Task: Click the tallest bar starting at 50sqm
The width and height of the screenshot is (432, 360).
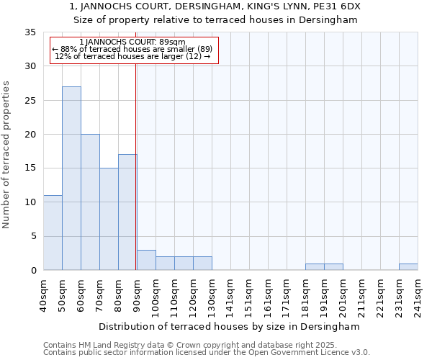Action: [71, 178]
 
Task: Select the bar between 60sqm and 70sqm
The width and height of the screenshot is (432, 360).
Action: [90, 202]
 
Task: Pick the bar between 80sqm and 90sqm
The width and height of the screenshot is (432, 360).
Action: [127, 212]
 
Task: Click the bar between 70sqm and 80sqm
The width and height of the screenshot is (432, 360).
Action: [109, 219]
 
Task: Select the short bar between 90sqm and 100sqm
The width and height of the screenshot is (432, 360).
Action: [146, 260]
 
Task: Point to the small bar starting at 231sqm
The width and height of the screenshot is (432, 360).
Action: [408, 267]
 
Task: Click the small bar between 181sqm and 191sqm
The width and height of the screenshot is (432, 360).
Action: [315, 267]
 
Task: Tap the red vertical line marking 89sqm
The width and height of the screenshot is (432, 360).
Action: [135, 166]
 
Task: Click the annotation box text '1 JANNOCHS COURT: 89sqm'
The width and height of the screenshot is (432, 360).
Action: [132, 42]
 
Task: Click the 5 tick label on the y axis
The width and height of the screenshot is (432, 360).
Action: [33, 236]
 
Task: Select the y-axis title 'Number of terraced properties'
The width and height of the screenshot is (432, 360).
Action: [6, 154]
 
